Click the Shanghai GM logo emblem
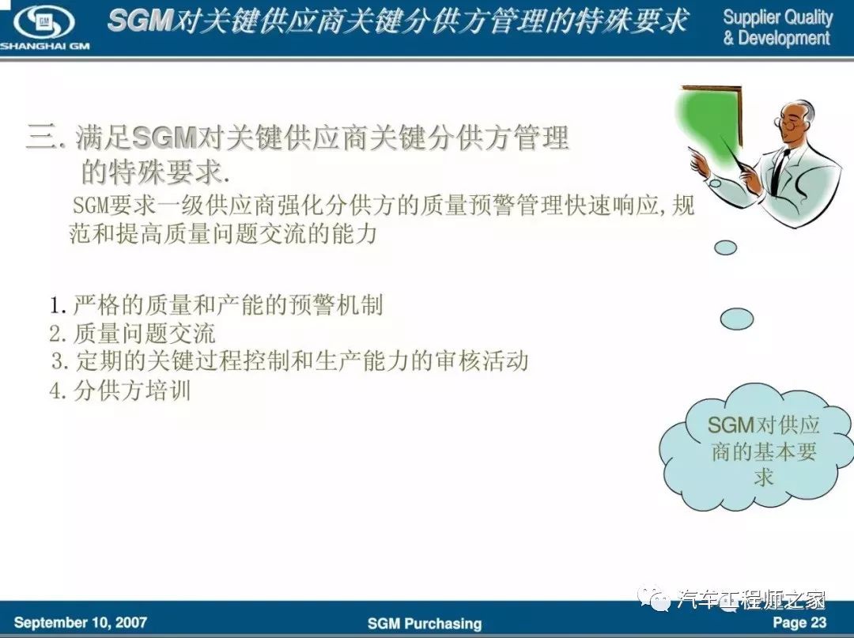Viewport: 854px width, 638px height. (44, 22)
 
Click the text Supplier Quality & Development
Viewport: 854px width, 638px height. (778, 27)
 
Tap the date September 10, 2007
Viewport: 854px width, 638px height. (81, 622)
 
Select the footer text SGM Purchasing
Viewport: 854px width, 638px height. (425, 623)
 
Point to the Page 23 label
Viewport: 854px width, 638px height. (799, 622)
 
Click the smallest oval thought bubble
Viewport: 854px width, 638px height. (725, 247)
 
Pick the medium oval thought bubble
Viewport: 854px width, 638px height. (737, 319)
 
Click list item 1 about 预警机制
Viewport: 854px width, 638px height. (216, 305)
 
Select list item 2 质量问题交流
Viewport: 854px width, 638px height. (132, 334)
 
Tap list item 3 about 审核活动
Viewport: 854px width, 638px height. (289, 361)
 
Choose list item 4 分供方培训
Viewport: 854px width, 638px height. (120, 391)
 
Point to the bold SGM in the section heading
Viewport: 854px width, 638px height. (164, 138)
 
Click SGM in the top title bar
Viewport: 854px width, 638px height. (140, 21)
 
